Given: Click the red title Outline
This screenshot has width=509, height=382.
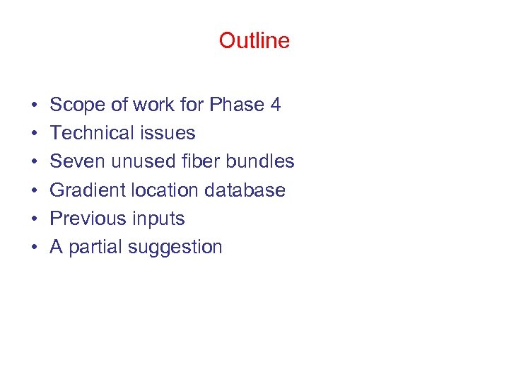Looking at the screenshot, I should pos(254,40).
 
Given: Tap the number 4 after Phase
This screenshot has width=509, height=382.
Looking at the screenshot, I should pos(275,105).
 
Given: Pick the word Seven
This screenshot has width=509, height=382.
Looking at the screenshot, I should pos(75,161).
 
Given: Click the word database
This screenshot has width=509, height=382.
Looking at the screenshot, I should pos(245,190).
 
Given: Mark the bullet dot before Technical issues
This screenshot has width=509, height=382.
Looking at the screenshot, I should pos(34,134).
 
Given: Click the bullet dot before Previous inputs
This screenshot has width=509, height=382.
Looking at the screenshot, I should pos(34,219).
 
